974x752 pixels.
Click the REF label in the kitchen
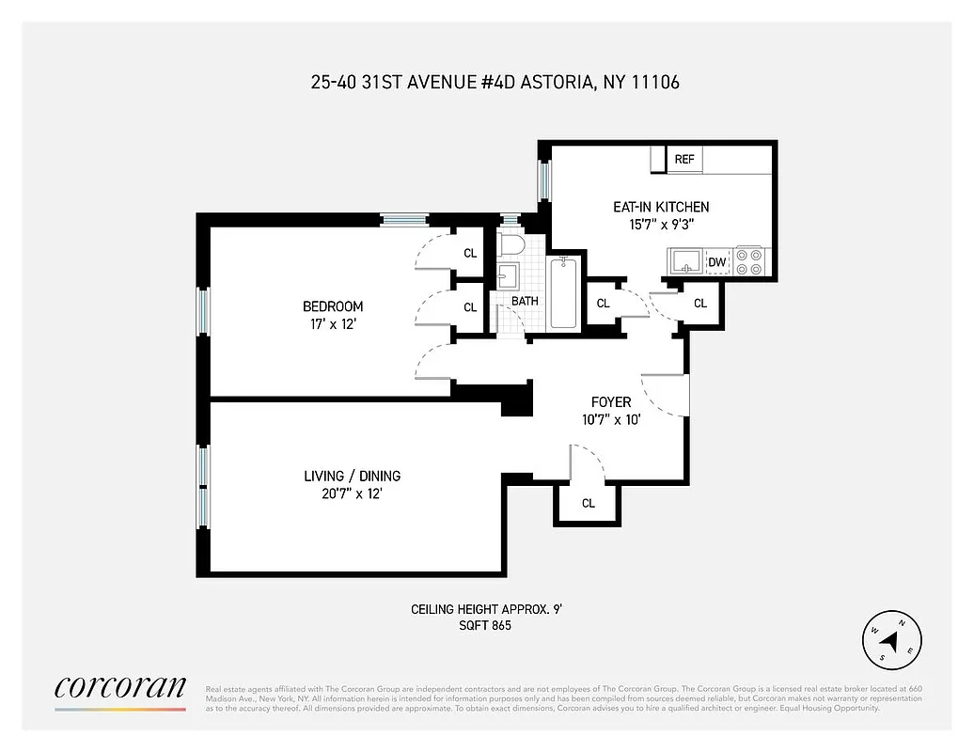684,160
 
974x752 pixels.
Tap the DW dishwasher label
717,262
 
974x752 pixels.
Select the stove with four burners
750,261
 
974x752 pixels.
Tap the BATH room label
525,302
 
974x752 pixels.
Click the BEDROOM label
332,306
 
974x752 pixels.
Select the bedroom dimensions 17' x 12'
332,324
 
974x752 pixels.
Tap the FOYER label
611,402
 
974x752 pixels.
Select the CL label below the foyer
589,504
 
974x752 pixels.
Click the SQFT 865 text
486,625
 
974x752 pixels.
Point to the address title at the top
495,82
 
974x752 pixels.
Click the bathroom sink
508,277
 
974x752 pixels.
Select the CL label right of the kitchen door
700,304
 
